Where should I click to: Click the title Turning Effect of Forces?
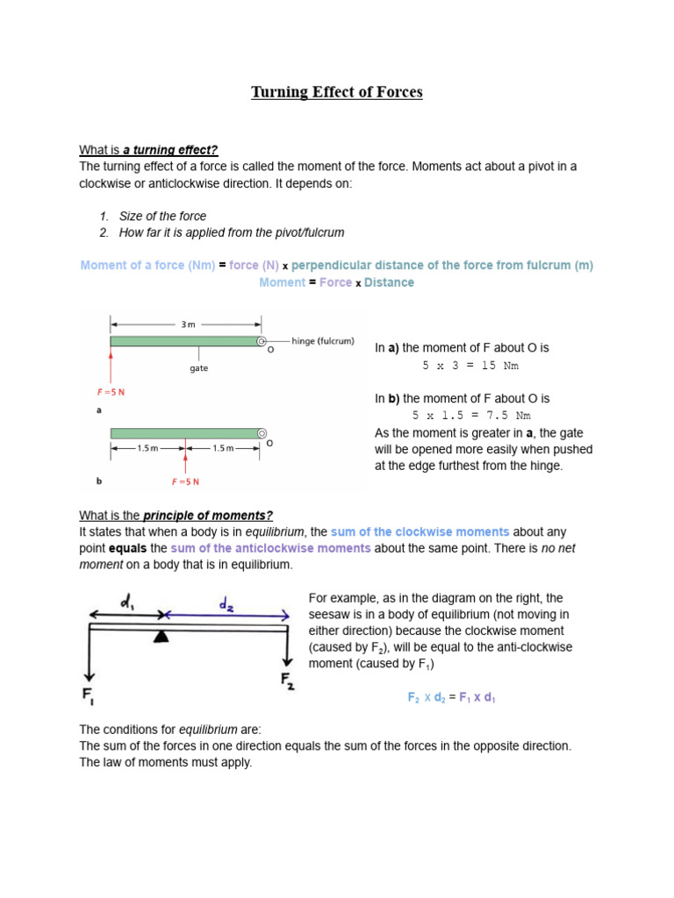pyautogui.click(x=337, y=92)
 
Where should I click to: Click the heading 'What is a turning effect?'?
pyautogui.click(x=148, y=150)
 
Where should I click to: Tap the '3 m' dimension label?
pyautogui.click(x=187, y=324)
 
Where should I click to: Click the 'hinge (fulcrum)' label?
pyautogui.click(x=322, y=340)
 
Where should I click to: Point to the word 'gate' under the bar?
pyautogui.click(x=198, y=368)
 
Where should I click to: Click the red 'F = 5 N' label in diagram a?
pyautogui.click(x=111, y=392)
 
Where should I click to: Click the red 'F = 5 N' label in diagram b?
pyautogui.click(x=185, y=481)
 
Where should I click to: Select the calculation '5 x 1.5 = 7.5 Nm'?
pyautogui.click(x=471, y=416)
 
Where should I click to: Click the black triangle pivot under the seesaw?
pyautogui.click(x=161, y=636)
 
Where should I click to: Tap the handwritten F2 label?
pyautogui.click(x=286, y=680)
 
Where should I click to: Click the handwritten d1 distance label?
pyautogui.click(x=127, y=602)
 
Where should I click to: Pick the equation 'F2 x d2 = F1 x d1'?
pyautogui.click(x=452, y=697)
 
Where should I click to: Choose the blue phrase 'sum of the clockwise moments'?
pyautogui.click(x=419, y=531)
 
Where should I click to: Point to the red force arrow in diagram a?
pyautogui.click(x=111, y=366)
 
